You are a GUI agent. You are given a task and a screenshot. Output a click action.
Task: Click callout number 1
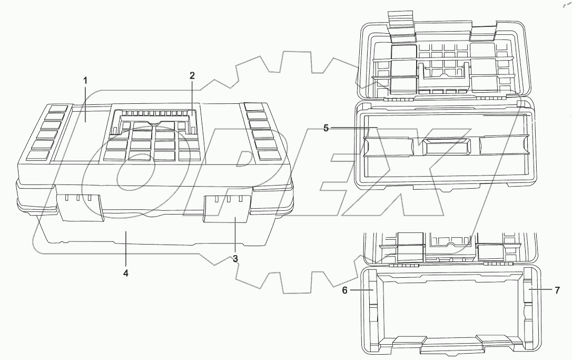click(85, 80)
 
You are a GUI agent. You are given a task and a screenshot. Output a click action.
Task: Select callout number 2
click(192, 75)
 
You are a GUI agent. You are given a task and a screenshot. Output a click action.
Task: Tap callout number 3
click(235, 258)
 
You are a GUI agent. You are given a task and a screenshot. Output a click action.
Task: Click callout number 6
click(345, 290)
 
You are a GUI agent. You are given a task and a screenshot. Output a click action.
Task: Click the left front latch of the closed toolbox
click(80, 207)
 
